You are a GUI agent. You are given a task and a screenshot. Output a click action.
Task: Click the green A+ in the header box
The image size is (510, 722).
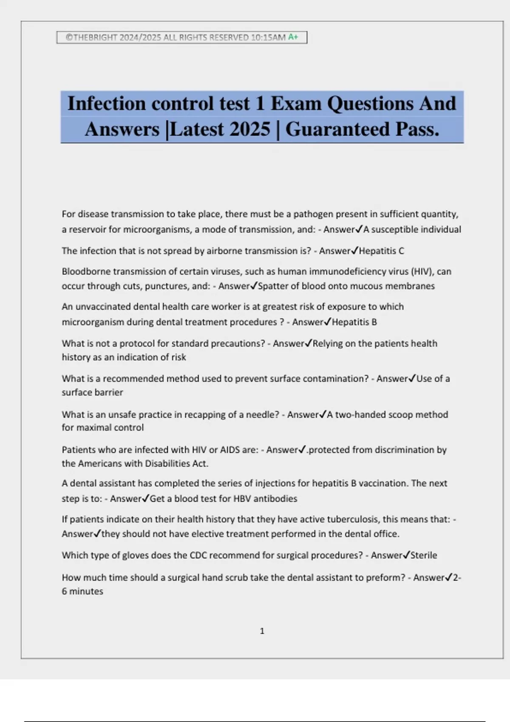click(x=293, y=37)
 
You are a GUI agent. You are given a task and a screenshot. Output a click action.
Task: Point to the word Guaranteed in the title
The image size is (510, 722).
click(x=337, y=129)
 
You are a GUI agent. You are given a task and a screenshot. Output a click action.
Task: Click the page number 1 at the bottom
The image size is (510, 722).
click(x=262, y=631)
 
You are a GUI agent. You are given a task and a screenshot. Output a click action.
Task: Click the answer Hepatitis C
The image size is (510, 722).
click(x=381, y=251)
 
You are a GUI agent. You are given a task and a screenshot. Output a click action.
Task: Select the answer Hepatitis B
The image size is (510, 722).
click(x=354, y=322)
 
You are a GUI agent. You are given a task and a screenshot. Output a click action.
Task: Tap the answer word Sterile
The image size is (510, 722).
click(x=423, y=555)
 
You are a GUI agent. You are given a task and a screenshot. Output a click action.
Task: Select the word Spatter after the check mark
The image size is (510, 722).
click(x=273, y=286)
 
